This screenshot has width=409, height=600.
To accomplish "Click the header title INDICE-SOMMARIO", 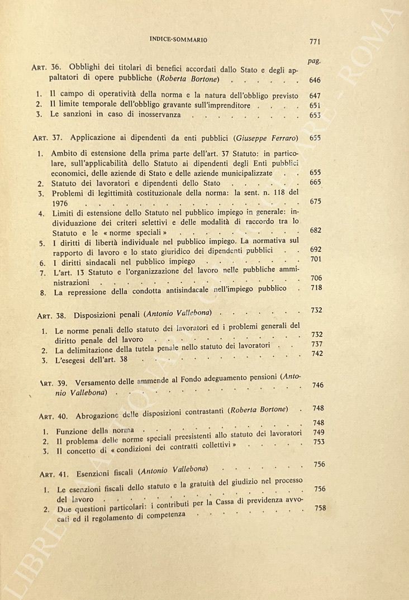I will click(x=179, y=40).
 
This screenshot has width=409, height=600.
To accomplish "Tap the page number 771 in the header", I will click(x=317, y=41).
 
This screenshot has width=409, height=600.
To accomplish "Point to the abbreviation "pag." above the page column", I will click(x=314, y=60).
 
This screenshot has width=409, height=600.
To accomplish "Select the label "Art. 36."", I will click(x=42, y=69).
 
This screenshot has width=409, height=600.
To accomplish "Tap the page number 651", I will click(x=315, y=106).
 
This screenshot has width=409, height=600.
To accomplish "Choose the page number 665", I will click(x=315, y=182).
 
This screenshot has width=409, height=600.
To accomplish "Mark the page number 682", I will click(x=315, y=230).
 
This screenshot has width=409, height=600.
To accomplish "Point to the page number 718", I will click(x=316, y=288).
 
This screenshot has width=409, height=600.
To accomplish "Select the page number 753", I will click(x=318, y=441).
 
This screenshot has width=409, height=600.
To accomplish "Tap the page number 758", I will click(x=320, y=508).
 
